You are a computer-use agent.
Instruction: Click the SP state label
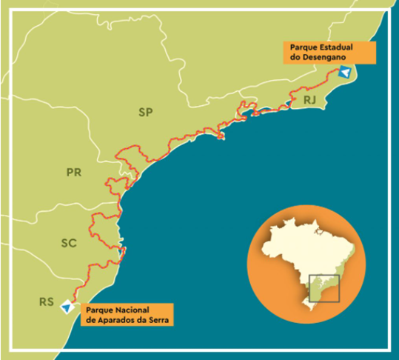[145, 113]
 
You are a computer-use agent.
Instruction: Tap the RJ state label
[309, 99]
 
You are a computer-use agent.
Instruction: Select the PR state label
[73, 173]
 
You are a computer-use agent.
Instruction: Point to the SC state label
[69, 243]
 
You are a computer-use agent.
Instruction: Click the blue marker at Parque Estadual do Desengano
[343, 72]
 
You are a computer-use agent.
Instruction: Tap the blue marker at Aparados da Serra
[67, 306]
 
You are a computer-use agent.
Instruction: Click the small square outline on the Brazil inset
[323, 287]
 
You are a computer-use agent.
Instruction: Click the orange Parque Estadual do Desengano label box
[328, 52]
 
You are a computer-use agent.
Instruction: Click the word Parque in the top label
[299, 47]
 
